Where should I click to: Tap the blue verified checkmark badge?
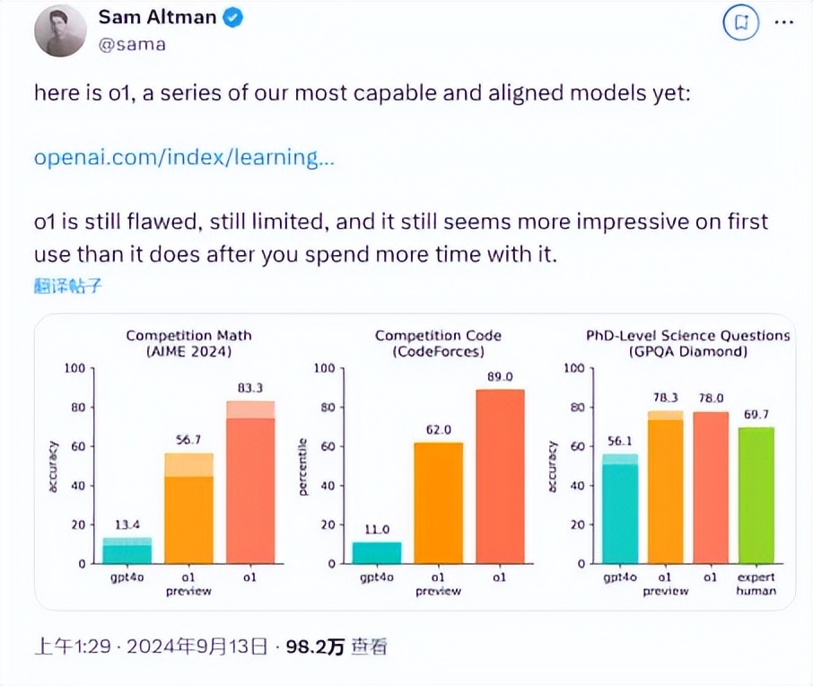[x=232, y=18]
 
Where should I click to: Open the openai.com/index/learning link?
[x=184, y=158]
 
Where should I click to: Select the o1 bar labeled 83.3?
[x=250, y=485]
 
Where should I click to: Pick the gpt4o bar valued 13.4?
[x=127, y=550]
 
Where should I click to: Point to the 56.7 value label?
[x=188, y=440]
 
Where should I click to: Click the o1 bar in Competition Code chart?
[x=500, y=477]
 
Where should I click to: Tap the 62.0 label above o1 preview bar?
[x=438, y=430]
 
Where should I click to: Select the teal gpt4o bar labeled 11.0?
[x=376, y=553]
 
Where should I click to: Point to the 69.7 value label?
[x=756, y=414]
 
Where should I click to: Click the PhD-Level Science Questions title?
[x=688, y=336]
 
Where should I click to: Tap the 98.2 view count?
[x=314, y=646]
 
